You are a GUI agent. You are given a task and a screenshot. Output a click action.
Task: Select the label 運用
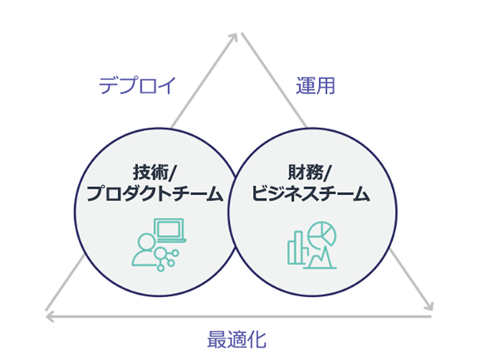(x=316, y=86)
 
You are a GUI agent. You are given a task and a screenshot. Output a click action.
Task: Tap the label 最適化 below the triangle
(x=237, y=340)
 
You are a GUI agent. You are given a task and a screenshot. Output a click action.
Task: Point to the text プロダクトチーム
(x=154, y=194)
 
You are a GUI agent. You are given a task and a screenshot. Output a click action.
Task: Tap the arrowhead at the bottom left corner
(x=49, y=315)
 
